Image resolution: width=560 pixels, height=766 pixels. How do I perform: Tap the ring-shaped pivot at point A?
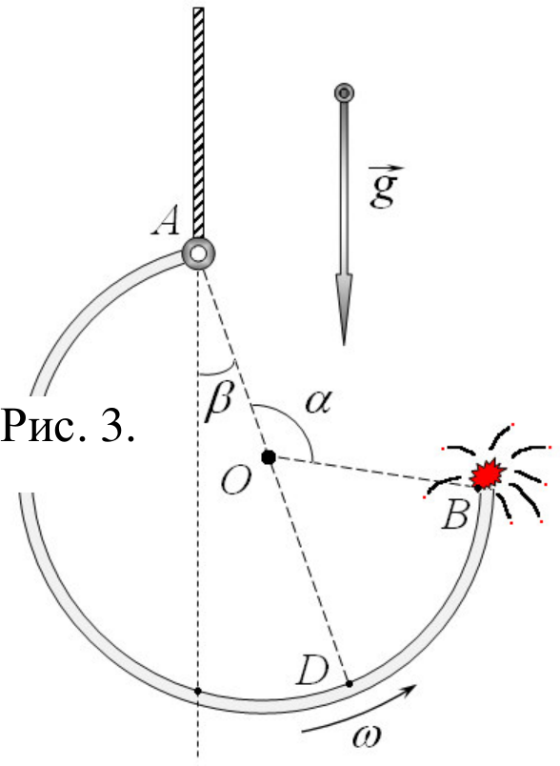click(198, 253)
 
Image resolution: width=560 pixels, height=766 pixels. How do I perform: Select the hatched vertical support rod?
click(198, 123)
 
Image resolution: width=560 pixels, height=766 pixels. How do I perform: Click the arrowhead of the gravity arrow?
click(344, 309)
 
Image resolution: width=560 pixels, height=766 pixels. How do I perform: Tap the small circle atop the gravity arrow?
click(344, 92)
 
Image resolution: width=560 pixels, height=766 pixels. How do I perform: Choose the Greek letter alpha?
click(318, 403)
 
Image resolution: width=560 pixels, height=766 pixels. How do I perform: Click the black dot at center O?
click(269, 457)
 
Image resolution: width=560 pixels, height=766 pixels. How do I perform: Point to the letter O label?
click(236, 480)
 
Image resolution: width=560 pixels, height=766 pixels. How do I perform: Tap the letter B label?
click(455, 514)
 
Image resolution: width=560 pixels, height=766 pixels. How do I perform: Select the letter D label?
click(312, 671)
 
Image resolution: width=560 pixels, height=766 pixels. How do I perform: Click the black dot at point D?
click(350, 683)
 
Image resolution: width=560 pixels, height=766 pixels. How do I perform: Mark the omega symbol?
click(367, 736)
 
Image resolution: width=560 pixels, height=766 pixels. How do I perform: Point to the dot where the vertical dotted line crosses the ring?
click(198, 691)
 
